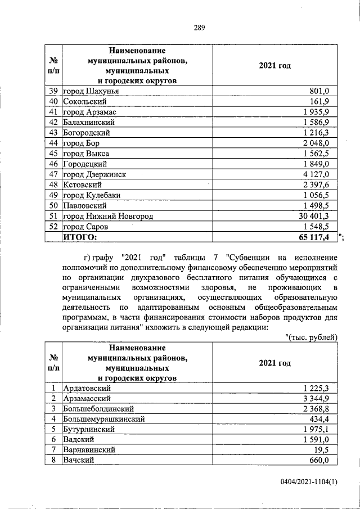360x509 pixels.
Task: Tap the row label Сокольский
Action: click(x=84, y=102)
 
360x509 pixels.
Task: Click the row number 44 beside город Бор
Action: click(x=54, y=143)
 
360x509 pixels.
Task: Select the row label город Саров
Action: click(x=85, y=227)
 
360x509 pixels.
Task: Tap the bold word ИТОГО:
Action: click(x=79, y=237)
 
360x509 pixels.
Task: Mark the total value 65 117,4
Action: click(x=317, y=237)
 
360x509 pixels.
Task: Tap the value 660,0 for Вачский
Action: click(x=322, y=461)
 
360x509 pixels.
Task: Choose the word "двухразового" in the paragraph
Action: click(x=158, y=278)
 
